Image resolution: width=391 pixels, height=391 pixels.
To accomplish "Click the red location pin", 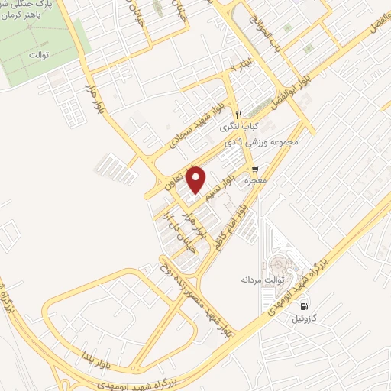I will tap(197, 179).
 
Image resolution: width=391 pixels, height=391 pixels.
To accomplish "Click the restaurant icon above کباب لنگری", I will tap(238, 113).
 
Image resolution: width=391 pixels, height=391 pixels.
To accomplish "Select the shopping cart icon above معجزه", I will tap(255, 169).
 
